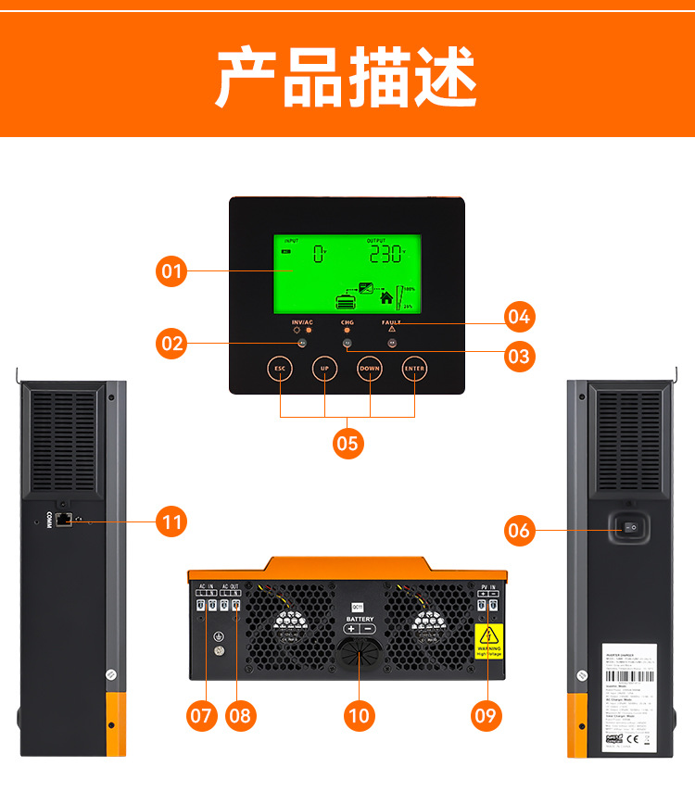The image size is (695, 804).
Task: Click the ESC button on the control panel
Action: (x=280, y=369)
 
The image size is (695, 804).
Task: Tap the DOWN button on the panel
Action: (x=370, y=369)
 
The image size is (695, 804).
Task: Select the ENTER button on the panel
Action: (x=414, y=369)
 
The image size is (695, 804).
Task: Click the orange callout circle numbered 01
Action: (x=171, y=271)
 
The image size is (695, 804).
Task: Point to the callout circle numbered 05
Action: (x=347, y=444)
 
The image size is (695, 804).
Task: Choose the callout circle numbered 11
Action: (x=171, y=521)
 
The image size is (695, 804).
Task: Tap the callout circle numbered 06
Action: (x=519, y=530)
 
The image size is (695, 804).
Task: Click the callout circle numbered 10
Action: (x=359, y=715)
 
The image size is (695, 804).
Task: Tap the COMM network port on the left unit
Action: (x=64, y=521)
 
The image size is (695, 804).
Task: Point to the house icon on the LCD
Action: (x=386, y=298)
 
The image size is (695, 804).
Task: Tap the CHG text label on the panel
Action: (x=347, y=321)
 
